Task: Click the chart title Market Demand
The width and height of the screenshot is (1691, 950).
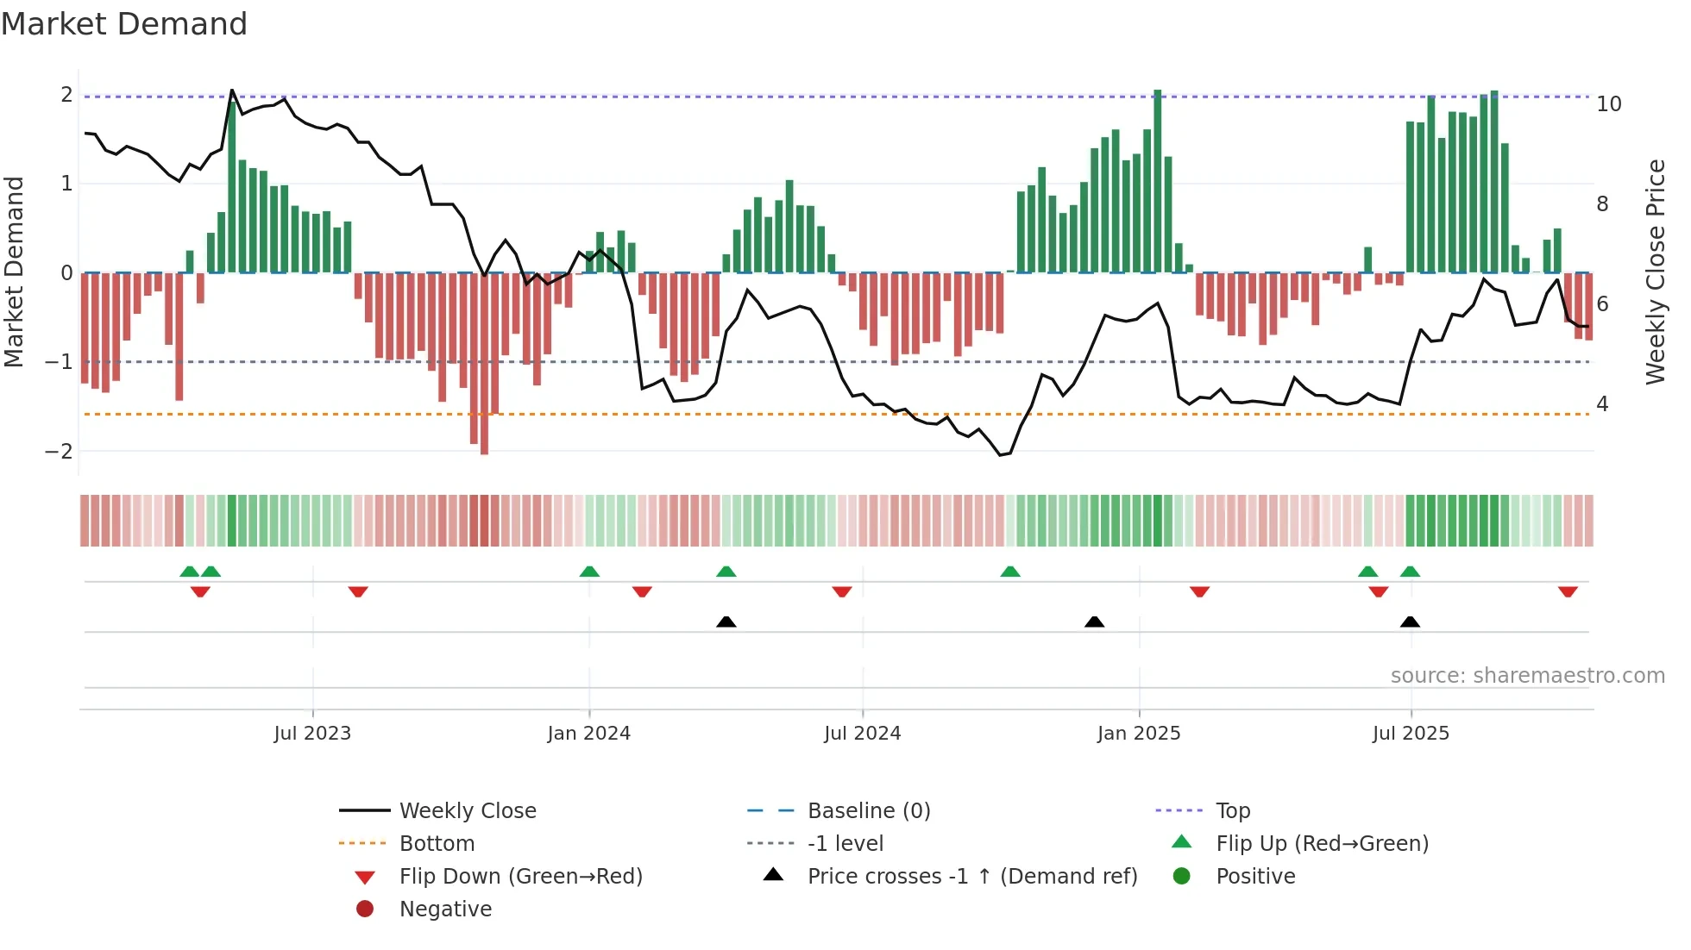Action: coord(124,24)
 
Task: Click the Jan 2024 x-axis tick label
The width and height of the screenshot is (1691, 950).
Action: coord(588,734)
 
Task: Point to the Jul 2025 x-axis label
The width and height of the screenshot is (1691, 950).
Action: coord(1411,734)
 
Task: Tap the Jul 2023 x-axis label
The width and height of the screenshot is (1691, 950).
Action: coord(312,734)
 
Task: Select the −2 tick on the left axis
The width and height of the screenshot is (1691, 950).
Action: coord(59,452)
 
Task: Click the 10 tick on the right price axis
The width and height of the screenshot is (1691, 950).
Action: coord(1608,104)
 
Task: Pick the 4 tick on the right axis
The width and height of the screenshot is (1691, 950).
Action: coord(1602,404)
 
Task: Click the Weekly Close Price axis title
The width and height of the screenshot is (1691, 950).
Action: coord(1655,272)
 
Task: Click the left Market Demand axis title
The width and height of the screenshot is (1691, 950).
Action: coord(14,272)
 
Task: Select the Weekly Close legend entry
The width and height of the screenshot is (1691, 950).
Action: coord(467,811)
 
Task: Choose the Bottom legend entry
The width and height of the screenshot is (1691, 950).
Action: coord(437,844)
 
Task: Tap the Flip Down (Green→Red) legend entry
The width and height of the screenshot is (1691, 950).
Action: coord(520,877)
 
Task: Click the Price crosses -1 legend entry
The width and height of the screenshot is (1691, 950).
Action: coord(971,877)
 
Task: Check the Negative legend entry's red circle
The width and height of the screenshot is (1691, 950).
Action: coord(365,909)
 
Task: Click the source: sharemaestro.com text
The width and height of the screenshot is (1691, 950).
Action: coord(1527,676)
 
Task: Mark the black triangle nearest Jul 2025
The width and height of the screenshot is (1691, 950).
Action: coord(1410,622)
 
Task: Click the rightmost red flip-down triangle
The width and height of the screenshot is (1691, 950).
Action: coord(1568,591)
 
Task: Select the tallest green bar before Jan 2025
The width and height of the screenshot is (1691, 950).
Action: coord(1158,181)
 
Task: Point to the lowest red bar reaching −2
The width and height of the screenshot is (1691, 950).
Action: coord(484,362)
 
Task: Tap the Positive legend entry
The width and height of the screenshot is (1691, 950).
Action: coord(1254,877)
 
